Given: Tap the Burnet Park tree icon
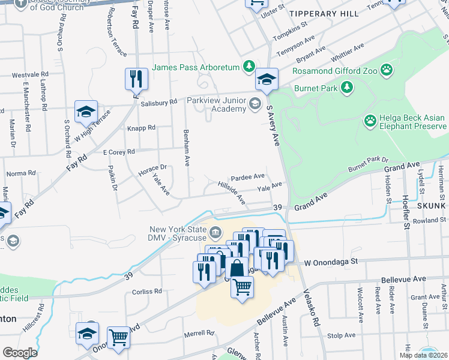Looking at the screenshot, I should pyautogui.click(x=346, y=88).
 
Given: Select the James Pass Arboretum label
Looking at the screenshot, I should pyautogui.click(x=196, y=67).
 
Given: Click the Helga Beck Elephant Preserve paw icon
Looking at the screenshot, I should pyautogui.click(x=370, y=121).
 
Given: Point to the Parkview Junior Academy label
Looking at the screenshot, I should pyautogui.click(x=216, y=104).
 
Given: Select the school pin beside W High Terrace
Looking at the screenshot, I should pyautogui.click(x=86, y=111).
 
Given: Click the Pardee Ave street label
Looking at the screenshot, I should pyautogui.click(x=248, y=177).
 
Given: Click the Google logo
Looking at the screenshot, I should pyautogui.click(x=20, y=353).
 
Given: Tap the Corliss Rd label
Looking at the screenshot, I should pyautogui.click(x=147, y=292).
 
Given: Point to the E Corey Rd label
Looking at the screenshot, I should pyautogui.click(x=118, y=153).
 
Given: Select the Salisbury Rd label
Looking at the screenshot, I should pyautogui.click(x=158, y=103).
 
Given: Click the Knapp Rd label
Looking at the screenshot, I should pyautogui.click(x=141, y=128).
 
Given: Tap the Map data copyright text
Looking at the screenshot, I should pyautogui.click(x=423, y=355).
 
